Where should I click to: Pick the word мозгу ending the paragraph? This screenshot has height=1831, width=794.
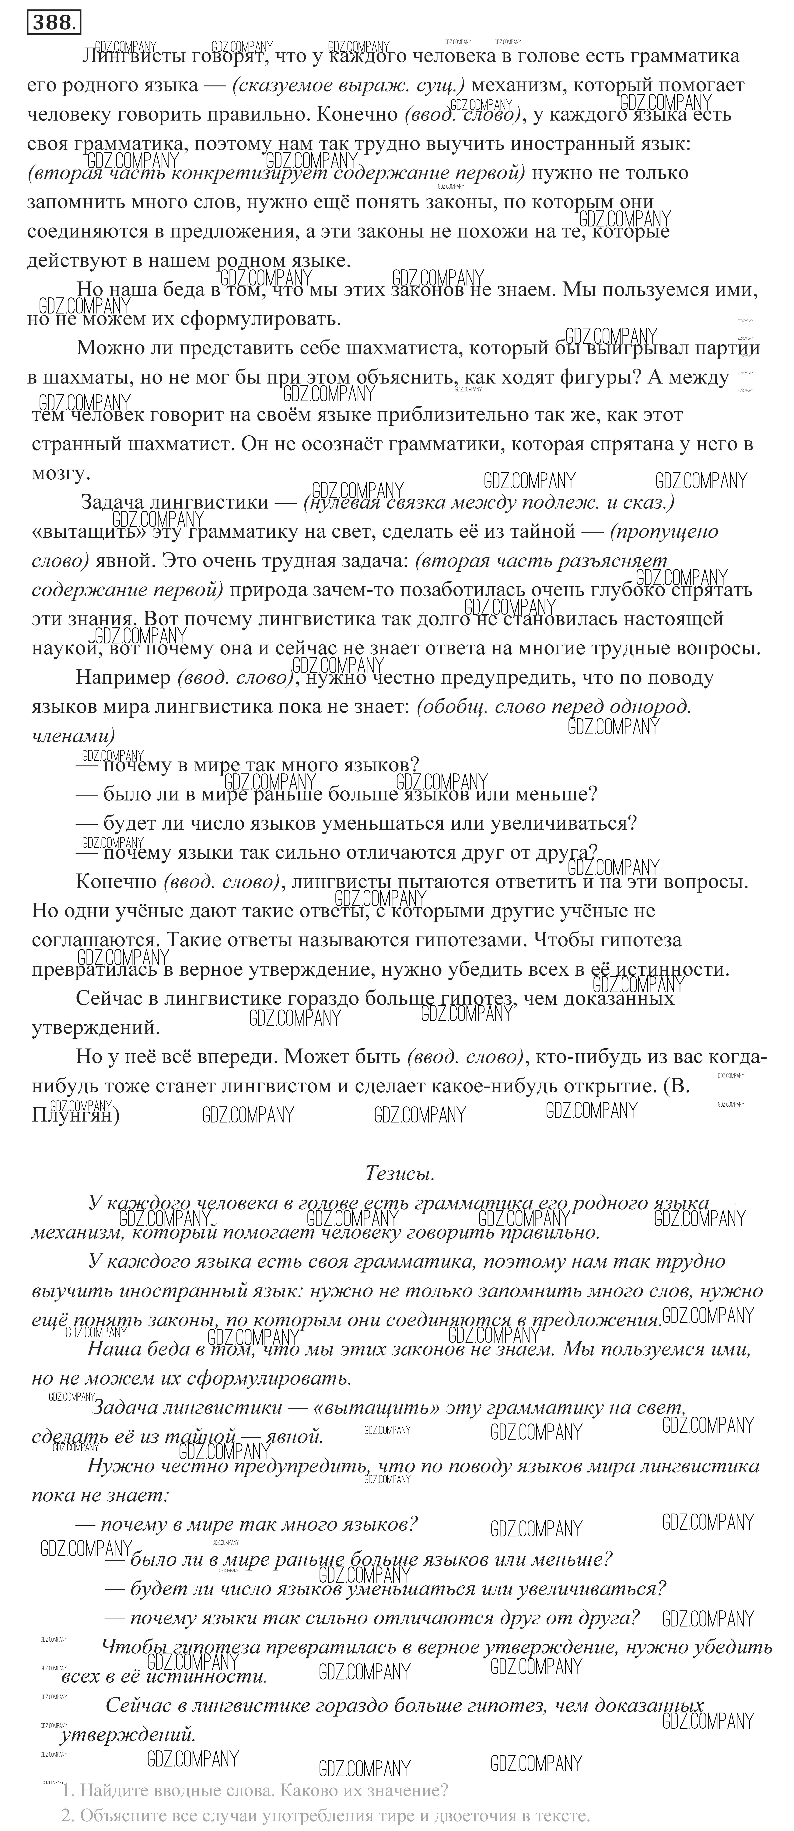click(60, 473)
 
